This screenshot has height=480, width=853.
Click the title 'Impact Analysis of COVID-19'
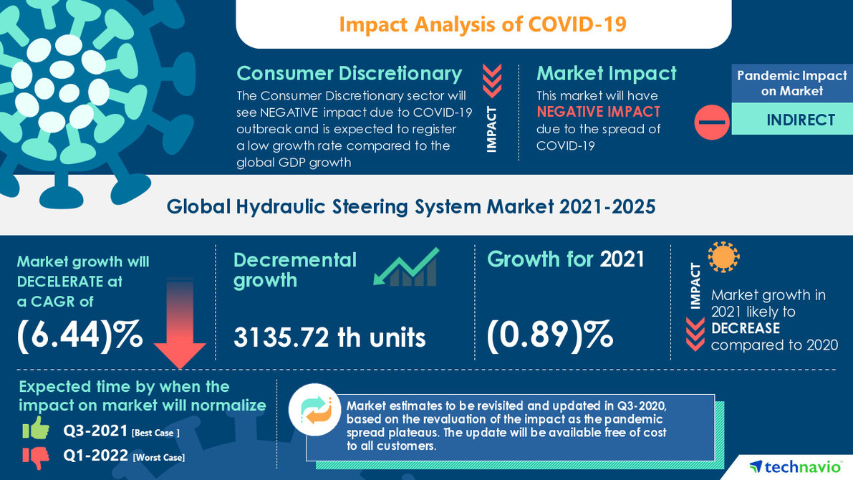[483, 24]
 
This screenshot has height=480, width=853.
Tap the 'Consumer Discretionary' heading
[349, 74]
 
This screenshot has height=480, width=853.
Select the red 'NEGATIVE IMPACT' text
[598, 112]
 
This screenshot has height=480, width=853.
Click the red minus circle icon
[711, 123]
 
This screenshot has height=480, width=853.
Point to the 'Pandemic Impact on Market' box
[791, 83]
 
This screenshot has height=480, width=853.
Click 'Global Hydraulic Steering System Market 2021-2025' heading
[411, 206]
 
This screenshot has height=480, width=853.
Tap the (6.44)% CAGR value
[79, 335]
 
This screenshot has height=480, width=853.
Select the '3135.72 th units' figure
[329, 337]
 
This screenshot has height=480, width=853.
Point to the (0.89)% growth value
[549, 335]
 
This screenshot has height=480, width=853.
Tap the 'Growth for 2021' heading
[566, 259]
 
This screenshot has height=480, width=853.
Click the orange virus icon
[723, 256]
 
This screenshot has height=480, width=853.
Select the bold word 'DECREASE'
[745, 328]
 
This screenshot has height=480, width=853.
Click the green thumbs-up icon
[35, 429]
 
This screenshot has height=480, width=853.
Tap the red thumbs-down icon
[35, 456]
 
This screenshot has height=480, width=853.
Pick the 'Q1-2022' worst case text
[96, 456]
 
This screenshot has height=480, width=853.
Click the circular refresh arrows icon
[315, 410]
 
